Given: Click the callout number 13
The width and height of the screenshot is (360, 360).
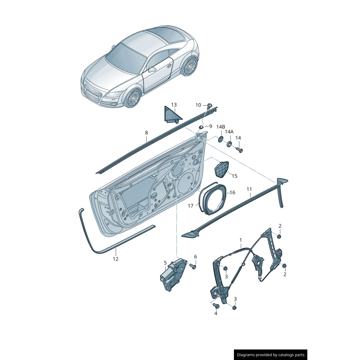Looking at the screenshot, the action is [174, 105].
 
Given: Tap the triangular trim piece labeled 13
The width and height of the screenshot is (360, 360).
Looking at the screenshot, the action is [171, 115].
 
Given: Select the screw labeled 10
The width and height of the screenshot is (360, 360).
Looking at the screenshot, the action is [210, 106].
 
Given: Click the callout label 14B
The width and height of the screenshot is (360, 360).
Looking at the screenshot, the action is [220, 127].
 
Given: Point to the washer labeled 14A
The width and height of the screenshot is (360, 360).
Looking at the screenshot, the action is [229, 144].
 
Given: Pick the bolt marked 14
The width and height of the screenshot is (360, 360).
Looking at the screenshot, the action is [239, 150].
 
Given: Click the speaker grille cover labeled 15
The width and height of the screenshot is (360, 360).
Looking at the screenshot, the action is [221, 169].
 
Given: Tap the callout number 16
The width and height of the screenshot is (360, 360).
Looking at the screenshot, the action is [233, 193].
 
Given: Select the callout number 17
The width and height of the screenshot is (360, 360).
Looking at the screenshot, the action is [190, 206].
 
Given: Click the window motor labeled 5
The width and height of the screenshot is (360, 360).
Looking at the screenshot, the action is [173, 274].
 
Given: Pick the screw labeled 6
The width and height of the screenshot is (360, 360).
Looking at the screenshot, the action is [193, 266].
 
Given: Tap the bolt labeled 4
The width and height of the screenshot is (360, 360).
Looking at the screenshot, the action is [216, 306].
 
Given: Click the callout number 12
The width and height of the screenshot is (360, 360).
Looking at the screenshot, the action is [116, 259].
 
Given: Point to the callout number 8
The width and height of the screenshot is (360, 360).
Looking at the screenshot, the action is [147, 133].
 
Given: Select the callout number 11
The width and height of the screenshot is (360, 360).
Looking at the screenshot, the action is [249, 189].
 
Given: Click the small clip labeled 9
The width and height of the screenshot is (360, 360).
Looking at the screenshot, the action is [201, 127].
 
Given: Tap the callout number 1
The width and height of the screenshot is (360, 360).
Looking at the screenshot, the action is [241, 240].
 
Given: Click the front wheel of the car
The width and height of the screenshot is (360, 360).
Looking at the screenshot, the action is [133, 98].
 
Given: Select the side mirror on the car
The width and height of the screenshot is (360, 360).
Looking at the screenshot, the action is [152, 69].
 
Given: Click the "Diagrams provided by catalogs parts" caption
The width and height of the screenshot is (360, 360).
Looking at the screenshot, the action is [271, 355].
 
